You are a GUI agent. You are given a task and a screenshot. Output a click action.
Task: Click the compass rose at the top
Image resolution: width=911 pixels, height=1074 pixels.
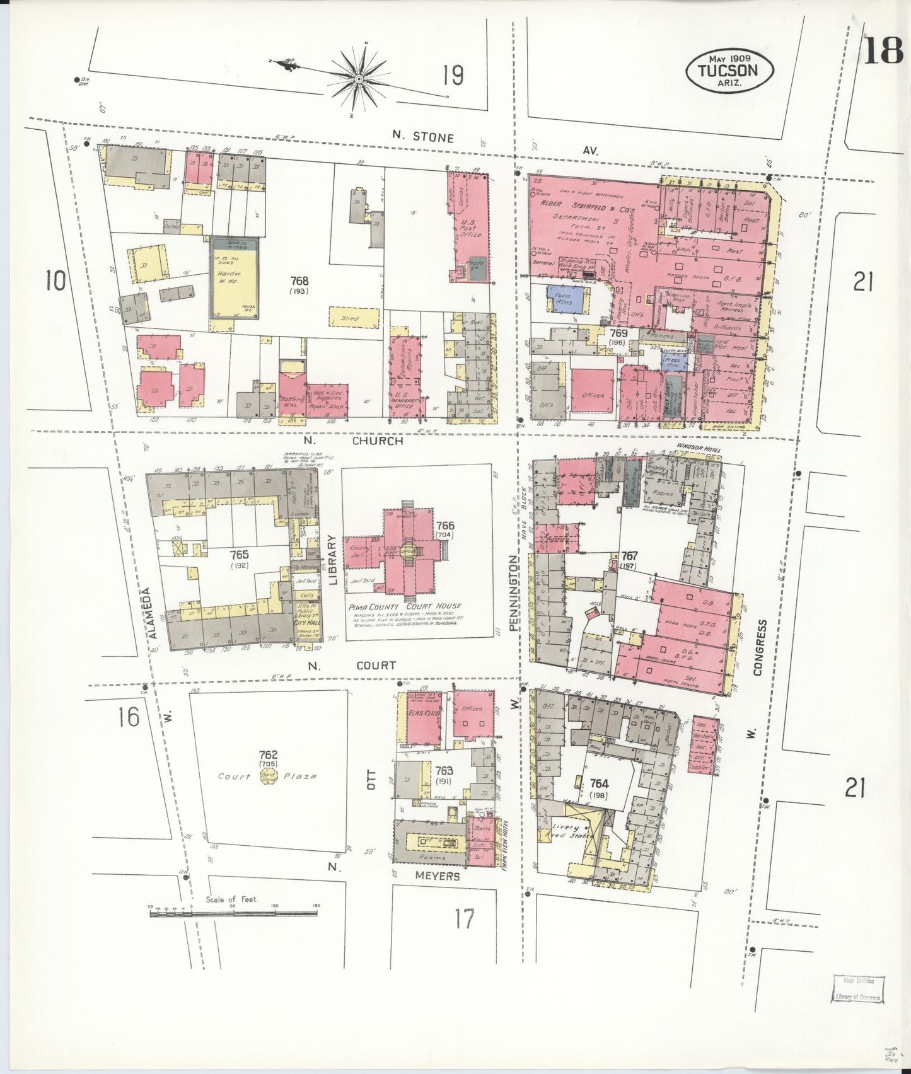click(358, 78)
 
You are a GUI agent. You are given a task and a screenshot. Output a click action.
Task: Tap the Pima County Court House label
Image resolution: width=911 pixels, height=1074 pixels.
click(404, 606)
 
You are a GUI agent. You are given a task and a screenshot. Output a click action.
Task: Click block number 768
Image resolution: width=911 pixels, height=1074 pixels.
click(299, 280)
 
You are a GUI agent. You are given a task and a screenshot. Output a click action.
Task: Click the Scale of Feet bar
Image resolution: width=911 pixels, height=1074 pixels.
click(233, 913)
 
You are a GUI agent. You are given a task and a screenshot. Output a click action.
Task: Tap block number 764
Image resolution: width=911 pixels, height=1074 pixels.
click(599, 783)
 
